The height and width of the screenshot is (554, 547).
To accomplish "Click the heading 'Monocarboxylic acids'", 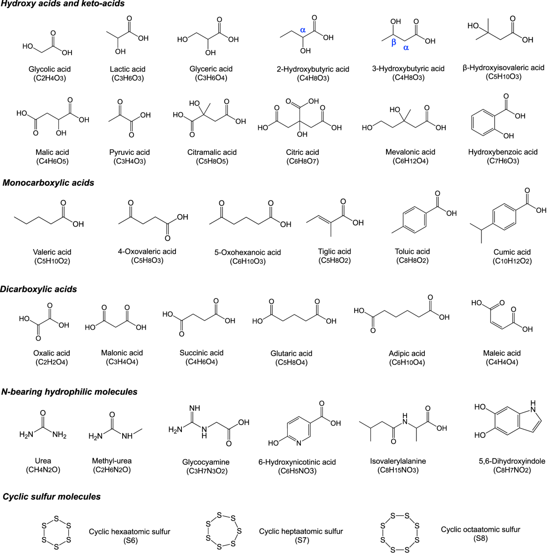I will pos(48,183).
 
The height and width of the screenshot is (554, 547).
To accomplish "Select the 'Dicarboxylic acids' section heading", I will pos(39,289).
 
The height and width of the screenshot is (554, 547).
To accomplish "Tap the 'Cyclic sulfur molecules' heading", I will pos(52,497).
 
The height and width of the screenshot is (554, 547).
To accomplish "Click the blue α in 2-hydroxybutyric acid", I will pos(303,30).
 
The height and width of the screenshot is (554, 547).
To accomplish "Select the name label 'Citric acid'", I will pos(303,152).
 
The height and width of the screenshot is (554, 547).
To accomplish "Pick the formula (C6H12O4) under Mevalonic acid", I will pos(410,161).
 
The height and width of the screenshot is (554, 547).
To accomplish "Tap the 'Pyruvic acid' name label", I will pos(129,152).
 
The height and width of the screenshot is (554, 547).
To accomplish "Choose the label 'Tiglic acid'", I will pos(335,251).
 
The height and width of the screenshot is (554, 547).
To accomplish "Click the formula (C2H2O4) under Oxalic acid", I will pos(52,362).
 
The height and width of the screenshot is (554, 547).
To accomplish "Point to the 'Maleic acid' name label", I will pos(501,353).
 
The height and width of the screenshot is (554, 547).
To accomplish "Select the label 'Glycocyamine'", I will pos(206,462).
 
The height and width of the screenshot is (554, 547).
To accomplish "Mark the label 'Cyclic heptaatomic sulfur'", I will pos(301,531).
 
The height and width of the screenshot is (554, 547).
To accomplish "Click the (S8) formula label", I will pos(480,538).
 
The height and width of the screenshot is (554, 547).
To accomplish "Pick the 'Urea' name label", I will pos(43,461).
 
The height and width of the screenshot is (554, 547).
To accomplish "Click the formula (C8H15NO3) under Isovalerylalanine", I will pos(398,470).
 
